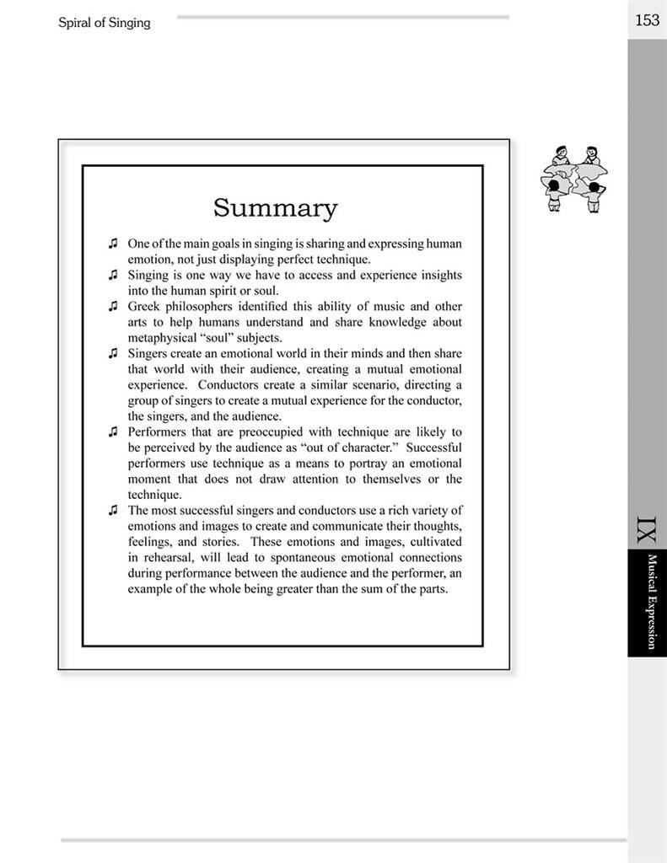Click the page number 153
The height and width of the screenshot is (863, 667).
(647, 20)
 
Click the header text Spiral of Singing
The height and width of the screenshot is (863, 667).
(105, 23)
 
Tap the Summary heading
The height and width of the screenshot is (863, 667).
(275, 207)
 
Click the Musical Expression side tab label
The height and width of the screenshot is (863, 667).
(652, 601)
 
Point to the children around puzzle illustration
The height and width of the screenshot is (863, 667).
(574, 180)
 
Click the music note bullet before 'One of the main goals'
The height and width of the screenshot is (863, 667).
(112, 244)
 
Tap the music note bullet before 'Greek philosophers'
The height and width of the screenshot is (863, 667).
(112, 307)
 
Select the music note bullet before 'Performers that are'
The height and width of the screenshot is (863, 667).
(112, 431)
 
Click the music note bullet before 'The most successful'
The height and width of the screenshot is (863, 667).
(112, 510)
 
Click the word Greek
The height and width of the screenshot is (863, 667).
(144, 307)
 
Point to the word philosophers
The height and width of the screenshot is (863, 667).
(202, 307)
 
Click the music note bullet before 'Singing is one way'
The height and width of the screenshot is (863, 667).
(112, 275)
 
